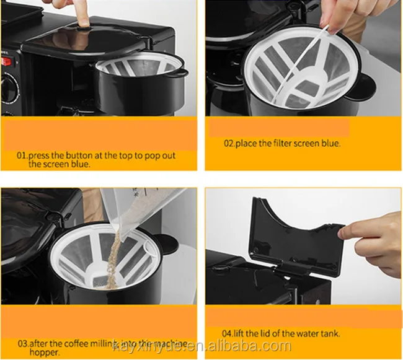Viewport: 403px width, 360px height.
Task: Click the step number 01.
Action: pyautogui.click(x=22, y=156)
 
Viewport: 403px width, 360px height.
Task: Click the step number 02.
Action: pyautogui.click(x=229, y=143)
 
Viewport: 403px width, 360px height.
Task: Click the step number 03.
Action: pyautogui.click(x=23, y=343)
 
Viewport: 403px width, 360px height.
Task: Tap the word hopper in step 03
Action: pyautogui.click(x=45, y=353)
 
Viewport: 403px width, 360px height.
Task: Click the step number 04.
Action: pyautogui.click(x=227, y=333)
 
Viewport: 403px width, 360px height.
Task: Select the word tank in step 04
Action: pyautogui.click(x=330, y=333)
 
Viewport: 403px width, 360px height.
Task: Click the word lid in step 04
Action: pyautogui.click(x=262, y=333)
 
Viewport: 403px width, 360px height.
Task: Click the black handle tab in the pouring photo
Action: pyautogui.click(x=167, y=244)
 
